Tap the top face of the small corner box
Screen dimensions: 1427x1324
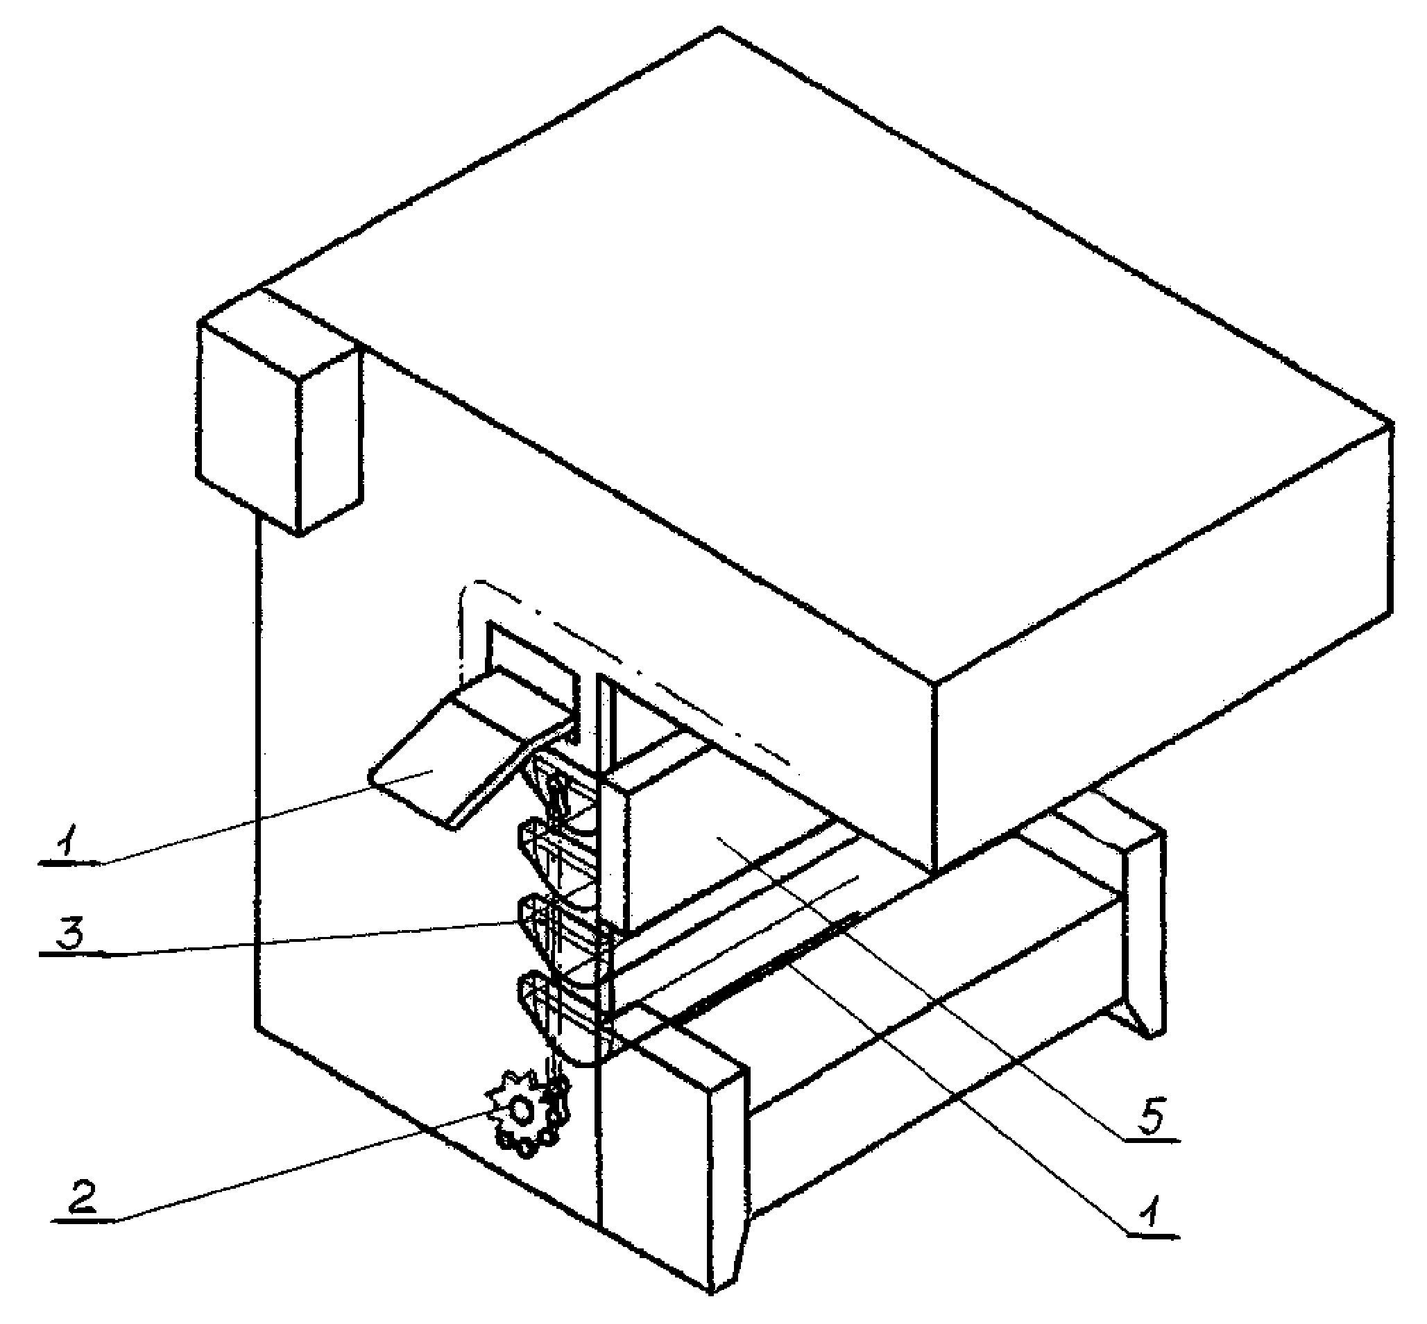click(280, 333)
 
